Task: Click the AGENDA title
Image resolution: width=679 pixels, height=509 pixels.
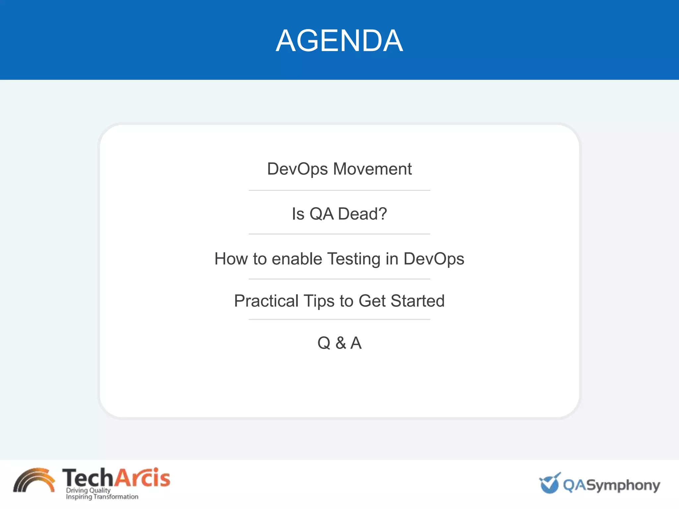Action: (339, 41)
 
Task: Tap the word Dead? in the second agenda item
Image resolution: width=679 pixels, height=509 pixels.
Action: (362, 214)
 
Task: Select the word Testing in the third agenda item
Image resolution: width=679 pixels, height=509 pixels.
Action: (354, 259)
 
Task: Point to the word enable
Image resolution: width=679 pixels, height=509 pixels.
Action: (297, 259)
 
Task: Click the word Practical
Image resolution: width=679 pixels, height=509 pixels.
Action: (266, 301)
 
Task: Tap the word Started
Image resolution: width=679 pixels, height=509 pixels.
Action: (417, 301)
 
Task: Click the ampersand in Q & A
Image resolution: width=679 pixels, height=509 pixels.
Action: (340, 343)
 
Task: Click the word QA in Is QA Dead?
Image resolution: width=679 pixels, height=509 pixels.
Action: (321, 214)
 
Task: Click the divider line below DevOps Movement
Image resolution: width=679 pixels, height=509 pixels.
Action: (339, 191)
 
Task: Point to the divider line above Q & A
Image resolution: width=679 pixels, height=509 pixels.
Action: (339, 319)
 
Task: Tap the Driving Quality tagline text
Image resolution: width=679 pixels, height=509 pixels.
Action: (88, 490)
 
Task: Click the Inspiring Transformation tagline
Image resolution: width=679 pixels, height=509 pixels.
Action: (102, 497)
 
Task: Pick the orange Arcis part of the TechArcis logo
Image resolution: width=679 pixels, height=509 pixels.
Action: (142, 478)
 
